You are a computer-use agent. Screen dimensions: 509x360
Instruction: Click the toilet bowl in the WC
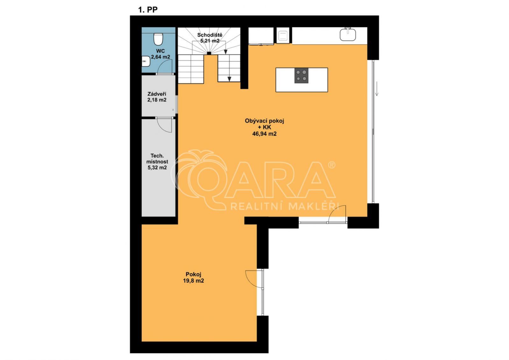coord(158,39)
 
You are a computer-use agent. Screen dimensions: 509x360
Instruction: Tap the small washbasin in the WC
coord(146,61)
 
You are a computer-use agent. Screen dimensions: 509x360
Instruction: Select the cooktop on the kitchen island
coord(301,75)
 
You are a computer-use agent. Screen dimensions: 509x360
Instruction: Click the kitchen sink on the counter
coord(348,34)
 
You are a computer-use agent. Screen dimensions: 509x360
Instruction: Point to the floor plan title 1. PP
coord(148,10)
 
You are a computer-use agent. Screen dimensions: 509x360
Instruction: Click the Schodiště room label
coord(209,35)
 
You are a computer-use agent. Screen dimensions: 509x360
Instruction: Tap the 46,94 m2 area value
coord(264,134)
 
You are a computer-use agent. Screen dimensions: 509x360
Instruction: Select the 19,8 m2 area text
coord(193,281)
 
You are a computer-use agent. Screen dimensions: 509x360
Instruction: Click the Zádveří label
coord(157,94)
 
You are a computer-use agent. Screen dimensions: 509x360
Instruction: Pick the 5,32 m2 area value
coord(157,168)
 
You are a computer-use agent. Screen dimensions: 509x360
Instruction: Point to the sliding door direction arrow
coord(377,89)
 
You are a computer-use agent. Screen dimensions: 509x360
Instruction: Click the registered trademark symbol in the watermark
coord(331,165)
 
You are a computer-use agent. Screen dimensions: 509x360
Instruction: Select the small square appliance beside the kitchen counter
coord(283,35)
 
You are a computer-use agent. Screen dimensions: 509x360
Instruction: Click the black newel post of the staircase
coord(209,53)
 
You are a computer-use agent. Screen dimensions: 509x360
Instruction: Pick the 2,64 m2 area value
coord(161,57)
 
